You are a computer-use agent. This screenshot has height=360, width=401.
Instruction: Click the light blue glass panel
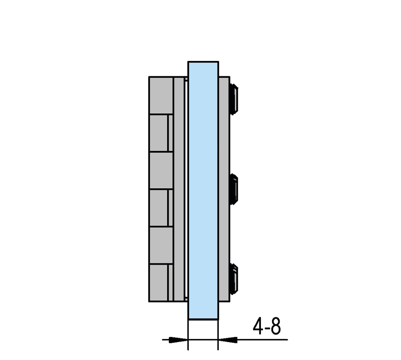click(203, 190)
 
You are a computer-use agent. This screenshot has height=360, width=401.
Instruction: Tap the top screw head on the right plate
click(234, 99)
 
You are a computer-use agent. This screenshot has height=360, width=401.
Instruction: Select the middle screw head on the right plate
click(234, 189)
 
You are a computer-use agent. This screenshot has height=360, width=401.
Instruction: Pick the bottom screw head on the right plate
click(234, 279)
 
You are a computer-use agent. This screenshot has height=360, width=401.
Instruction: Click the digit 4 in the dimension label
click(258, 326)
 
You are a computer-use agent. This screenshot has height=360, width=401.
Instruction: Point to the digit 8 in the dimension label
click(276, 326)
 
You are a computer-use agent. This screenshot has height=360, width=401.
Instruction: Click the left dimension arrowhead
click(179, 340)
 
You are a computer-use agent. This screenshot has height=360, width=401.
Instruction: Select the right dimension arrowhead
click(228, 340)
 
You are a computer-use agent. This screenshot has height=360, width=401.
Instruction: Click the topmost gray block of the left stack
click(161, 95)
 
